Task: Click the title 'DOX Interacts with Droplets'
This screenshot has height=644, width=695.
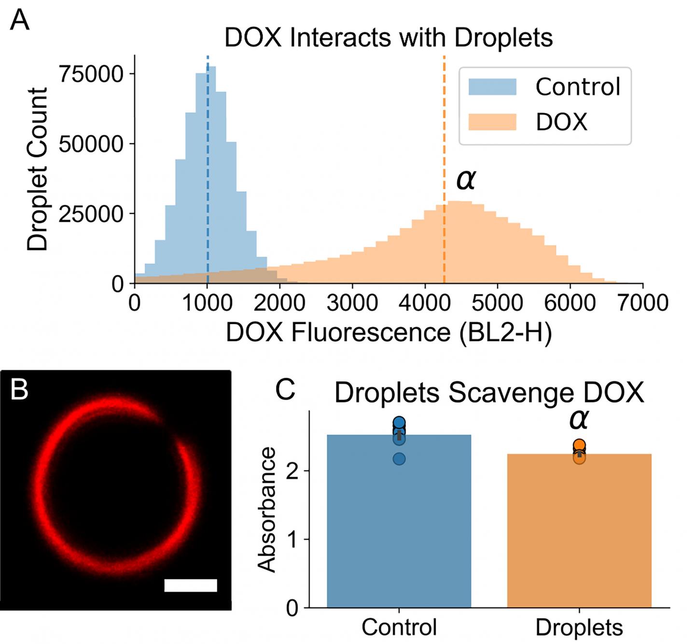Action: [389, 38]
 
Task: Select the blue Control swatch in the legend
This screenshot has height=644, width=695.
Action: [492, 87]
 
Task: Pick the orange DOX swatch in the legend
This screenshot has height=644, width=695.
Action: [492, 122]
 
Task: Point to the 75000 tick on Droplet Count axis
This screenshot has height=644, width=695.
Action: [90, 74]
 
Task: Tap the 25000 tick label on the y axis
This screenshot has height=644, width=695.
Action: [90, 214]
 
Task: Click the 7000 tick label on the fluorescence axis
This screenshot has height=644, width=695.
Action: [642, 303]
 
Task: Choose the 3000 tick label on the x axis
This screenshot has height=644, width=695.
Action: [352, 303]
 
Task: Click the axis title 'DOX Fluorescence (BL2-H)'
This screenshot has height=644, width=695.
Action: [389, 332]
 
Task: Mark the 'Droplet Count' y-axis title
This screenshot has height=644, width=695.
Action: [38, 169]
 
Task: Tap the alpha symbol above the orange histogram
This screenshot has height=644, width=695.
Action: [466, 180]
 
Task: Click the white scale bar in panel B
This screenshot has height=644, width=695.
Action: [191, 585]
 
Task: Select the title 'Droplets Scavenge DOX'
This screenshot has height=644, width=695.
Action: [489, 393]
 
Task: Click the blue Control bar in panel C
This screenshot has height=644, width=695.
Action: [399, 522]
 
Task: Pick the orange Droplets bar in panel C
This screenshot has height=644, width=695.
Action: [579, 531]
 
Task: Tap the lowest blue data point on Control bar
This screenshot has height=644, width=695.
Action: [399, 458]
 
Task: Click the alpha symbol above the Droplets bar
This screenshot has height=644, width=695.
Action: [579, 419]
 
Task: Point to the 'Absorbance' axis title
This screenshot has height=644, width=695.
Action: [267, 510]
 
